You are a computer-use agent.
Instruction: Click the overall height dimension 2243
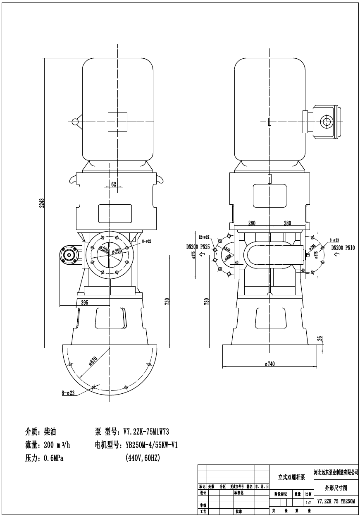[x=41, y=203]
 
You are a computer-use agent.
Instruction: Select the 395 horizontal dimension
[x=84, y=303]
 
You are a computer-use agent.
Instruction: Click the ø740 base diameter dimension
[x=269, y=364]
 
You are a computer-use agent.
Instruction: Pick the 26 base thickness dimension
[x=319, y=338]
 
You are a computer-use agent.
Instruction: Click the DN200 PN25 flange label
[x=198, y=247]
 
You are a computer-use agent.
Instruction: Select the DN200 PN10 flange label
[x=345, y=248]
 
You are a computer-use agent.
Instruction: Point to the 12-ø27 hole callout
[x=204, y=237]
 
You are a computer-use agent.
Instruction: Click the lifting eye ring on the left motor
[x=75, y=122]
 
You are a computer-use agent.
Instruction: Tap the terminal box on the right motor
[x=326, y=122]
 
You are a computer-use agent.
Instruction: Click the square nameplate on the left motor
[x=117, y=122]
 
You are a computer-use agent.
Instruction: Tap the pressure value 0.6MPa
[x=53, y=458]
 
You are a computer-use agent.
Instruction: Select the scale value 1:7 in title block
[x=308, y=503]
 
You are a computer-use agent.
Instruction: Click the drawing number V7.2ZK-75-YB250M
[x=336, y=501]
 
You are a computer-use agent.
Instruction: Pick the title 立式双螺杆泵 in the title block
[x=291, y=477]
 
